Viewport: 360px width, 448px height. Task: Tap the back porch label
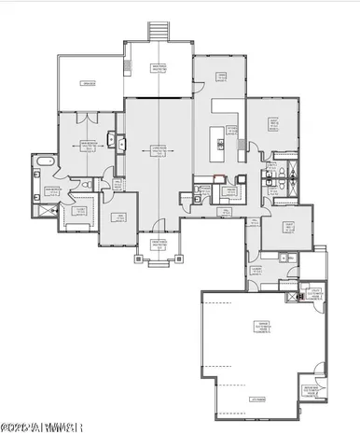tap(159, 68)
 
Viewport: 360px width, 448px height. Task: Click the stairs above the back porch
tap(159, 30)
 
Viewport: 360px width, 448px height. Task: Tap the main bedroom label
tap(90, 146)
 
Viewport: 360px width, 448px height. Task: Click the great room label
tap(159, 148)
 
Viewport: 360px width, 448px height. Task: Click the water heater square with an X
tap(300, 298)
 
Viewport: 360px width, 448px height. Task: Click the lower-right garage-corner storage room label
tap(312, 390)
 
